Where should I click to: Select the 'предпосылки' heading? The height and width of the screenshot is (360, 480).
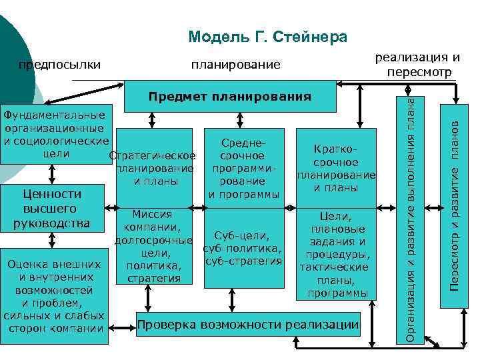coord(59,65)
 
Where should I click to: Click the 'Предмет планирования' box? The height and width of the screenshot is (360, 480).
coord(229,97)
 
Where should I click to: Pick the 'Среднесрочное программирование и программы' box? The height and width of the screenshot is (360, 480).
coord(245,167)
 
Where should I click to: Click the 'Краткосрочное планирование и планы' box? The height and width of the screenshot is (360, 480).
coord(335,167)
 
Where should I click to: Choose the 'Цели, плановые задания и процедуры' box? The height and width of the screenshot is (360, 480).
coord(335,254)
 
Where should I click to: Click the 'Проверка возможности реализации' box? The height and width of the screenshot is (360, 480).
coord(247,325)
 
